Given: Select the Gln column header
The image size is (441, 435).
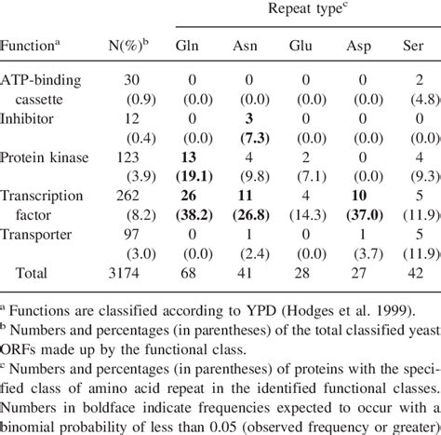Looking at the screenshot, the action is click(186, 46).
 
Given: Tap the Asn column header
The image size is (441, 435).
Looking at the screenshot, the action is click(245, 46).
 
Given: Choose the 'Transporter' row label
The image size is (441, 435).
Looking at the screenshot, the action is click(40, 235).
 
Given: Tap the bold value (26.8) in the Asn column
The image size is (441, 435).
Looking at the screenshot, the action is click(245, 216).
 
